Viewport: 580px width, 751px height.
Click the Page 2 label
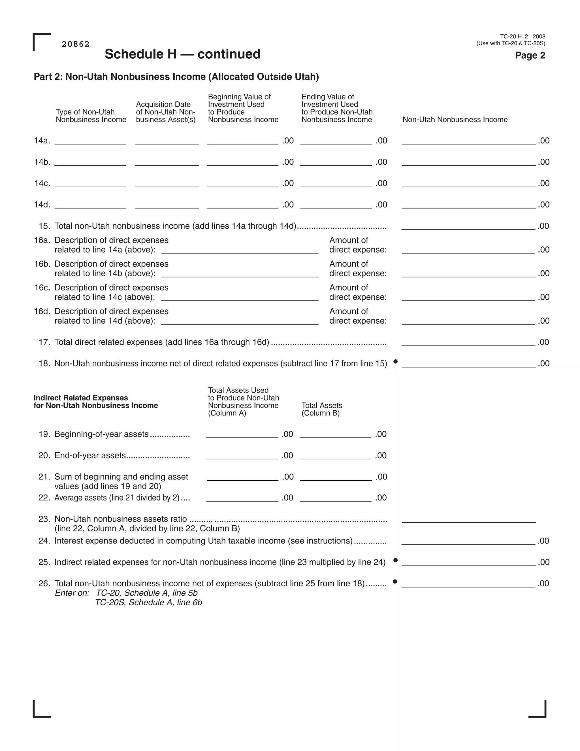click(x=530, y=55)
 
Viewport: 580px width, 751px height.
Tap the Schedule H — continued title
click(x=182, y=54)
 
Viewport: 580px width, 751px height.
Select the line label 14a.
click(x=42, y=141)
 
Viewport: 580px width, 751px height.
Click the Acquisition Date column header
click(x=166, y=112)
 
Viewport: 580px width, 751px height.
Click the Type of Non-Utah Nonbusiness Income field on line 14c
click(x=90, y=183)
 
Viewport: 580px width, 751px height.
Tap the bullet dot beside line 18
click(x=395, y=361)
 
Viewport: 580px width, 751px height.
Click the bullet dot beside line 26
click(x=395, y=582)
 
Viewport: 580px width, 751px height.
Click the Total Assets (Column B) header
click(x=322, y=409)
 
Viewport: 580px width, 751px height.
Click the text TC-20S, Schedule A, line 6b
click(x=148, y=603)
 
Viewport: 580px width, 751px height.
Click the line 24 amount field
click(x=468, y=541)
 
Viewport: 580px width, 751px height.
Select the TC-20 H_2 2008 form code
click(x=522, y=37)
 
